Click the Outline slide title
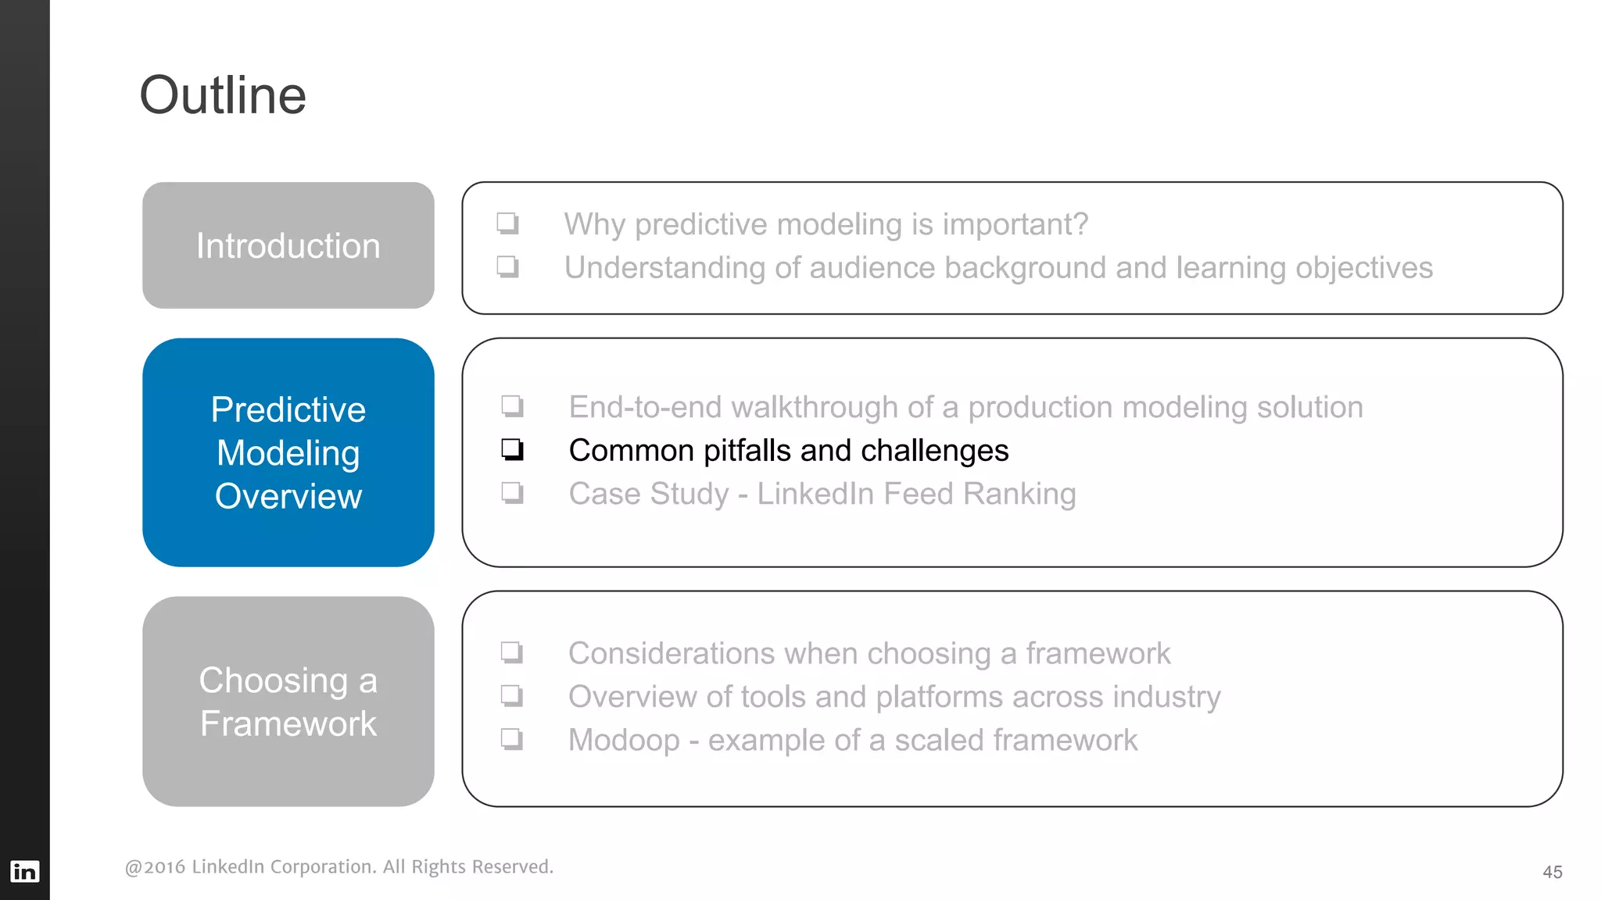(223, 95)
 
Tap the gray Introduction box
(288, 245)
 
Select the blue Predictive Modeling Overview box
(288, 452)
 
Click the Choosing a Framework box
(288, 701)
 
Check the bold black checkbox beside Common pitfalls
(512, 449)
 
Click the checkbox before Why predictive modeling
(507, 223)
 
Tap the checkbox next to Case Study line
(512, 493)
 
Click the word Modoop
(624, 740)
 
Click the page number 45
(1552, 872)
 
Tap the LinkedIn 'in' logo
(24, 871)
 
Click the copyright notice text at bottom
(338, 866)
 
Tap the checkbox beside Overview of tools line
(511, 695)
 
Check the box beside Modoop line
(511, 738)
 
